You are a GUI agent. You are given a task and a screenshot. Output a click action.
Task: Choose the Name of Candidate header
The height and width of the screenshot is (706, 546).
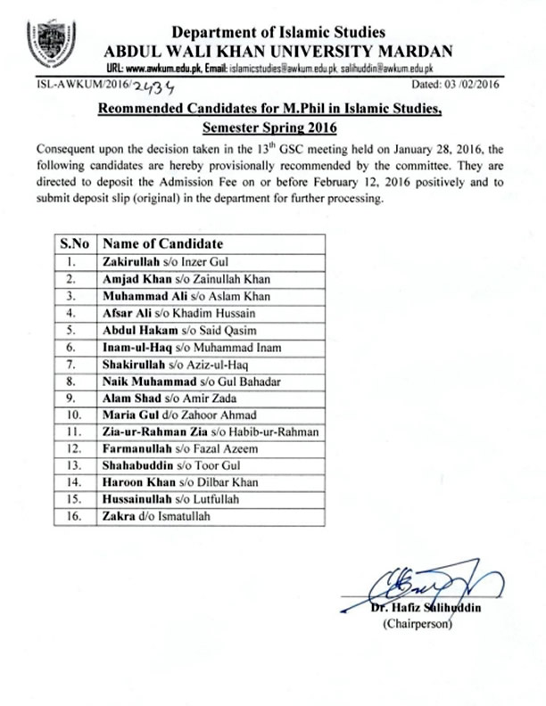(161, 243)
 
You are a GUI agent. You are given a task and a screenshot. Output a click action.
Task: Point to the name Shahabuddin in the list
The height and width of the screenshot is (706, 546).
(139, 465)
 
